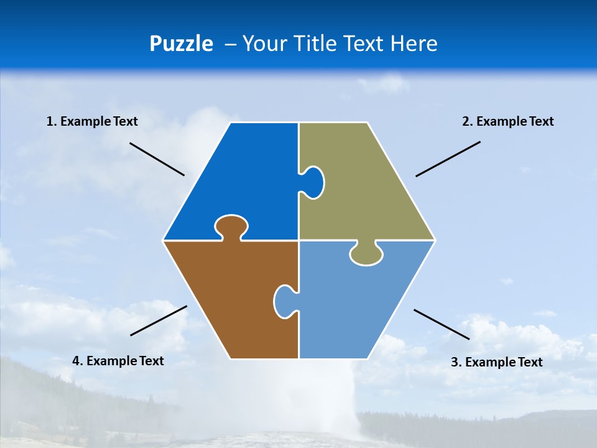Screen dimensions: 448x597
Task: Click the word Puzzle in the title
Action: [181, 44]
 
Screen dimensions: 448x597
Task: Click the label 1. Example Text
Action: [92, 121]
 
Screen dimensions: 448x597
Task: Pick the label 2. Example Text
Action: [507, 121]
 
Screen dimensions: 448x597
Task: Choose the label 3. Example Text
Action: [496, 362]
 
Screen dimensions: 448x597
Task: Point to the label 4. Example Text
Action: [118, 361]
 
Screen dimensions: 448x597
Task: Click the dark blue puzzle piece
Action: [243, 180]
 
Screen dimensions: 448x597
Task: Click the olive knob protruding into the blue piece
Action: [313, 182]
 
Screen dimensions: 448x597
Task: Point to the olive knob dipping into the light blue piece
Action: [366, 254]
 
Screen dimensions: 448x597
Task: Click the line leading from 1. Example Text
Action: [157, 159]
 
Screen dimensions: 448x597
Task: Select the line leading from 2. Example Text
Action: [448, 159]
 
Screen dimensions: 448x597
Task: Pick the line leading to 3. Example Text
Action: [442, 324]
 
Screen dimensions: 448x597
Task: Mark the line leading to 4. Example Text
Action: [159, 320]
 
